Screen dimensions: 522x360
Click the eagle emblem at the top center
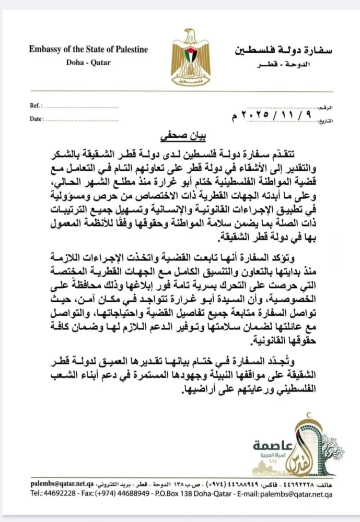click(x=182, y=57)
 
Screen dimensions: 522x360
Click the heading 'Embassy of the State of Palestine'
click(x=88, y=50)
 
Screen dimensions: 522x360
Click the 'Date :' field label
click(x=37, y=119)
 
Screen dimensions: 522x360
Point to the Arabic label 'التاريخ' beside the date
click(x=324, y=121)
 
